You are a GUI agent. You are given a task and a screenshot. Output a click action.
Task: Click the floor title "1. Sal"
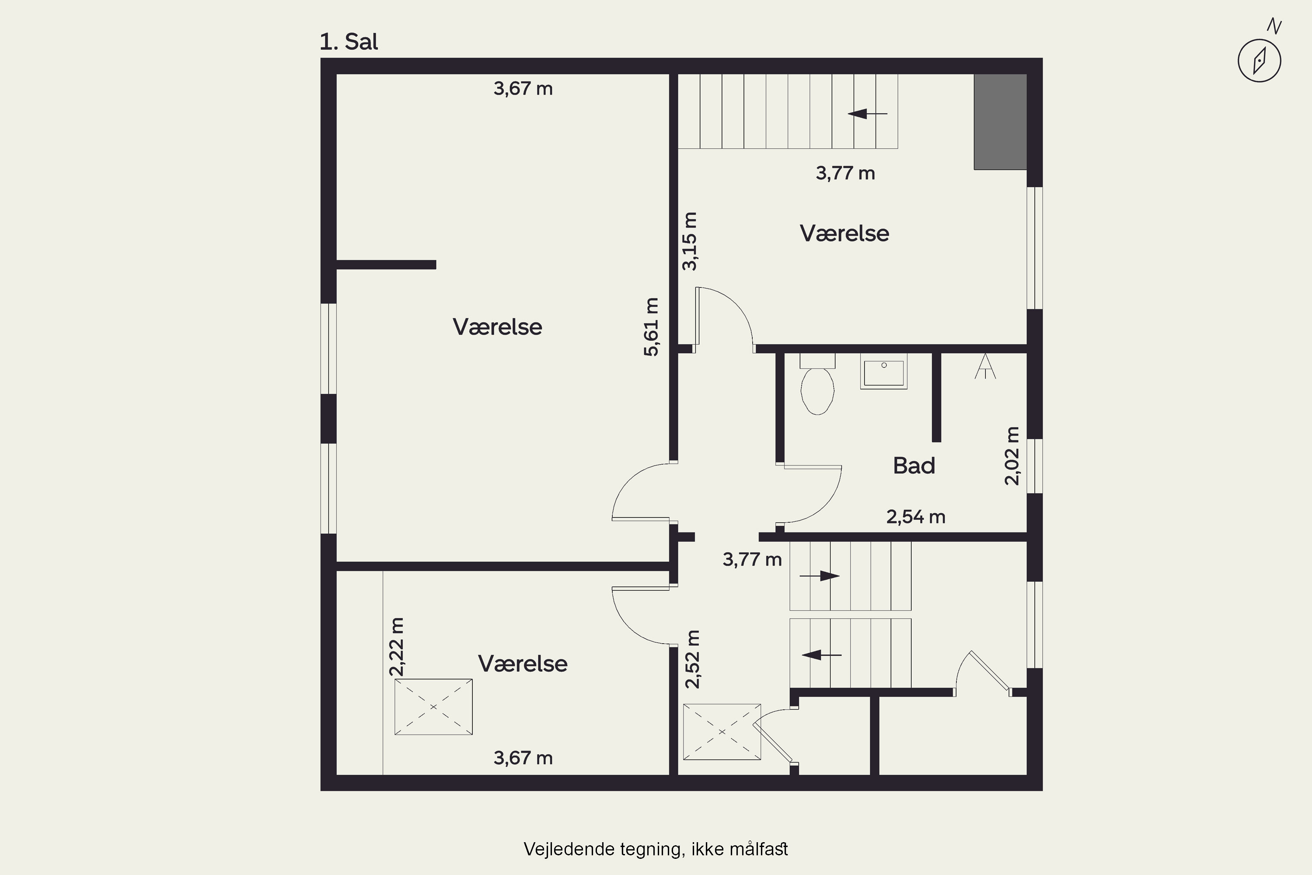coord(349,42)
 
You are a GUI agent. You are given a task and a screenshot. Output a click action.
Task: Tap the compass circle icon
coord(1259,61)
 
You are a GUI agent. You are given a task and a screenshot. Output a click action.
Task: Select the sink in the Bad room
coord(883,371)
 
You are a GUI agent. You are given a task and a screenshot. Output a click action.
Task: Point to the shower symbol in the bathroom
coord(985,366)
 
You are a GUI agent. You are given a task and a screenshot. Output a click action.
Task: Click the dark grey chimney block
coord(1000,122)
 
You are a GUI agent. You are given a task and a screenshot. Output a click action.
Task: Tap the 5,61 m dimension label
coord(651,327)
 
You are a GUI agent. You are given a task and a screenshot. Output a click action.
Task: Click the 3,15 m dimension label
coord(690,241)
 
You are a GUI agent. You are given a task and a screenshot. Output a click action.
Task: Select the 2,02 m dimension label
coord(1012,456)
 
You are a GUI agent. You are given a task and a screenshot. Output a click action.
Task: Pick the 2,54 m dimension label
coord(916,517)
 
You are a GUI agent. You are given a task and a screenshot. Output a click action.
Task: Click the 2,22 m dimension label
coord(397,647)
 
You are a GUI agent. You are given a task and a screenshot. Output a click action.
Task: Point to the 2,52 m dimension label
coord(692,659)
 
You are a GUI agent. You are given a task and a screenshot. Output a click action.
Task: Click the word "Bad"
coord(914,465)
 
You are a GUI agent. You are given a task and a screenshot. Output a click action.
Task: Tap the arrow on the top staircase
coord(867,114)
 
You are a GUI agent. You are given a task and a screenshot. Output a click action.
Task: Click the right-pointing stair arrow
coord(820,576)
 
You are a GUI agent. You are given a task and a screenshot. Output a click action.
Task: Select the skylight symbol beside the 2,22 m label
coord(433,707)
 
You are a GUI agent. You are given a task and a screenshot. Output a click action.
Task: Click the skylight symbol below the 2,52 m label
coord(722,731)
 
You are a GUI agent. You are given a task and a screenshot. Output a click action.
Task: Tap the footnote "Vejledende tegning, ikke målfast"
coord(656,849)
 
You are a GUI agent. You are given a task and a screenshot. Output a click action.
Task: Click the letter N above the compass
coord(1274,26)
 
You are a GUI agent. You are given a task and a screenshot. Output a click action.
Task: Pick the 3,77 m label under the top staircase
coord(845,173)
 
